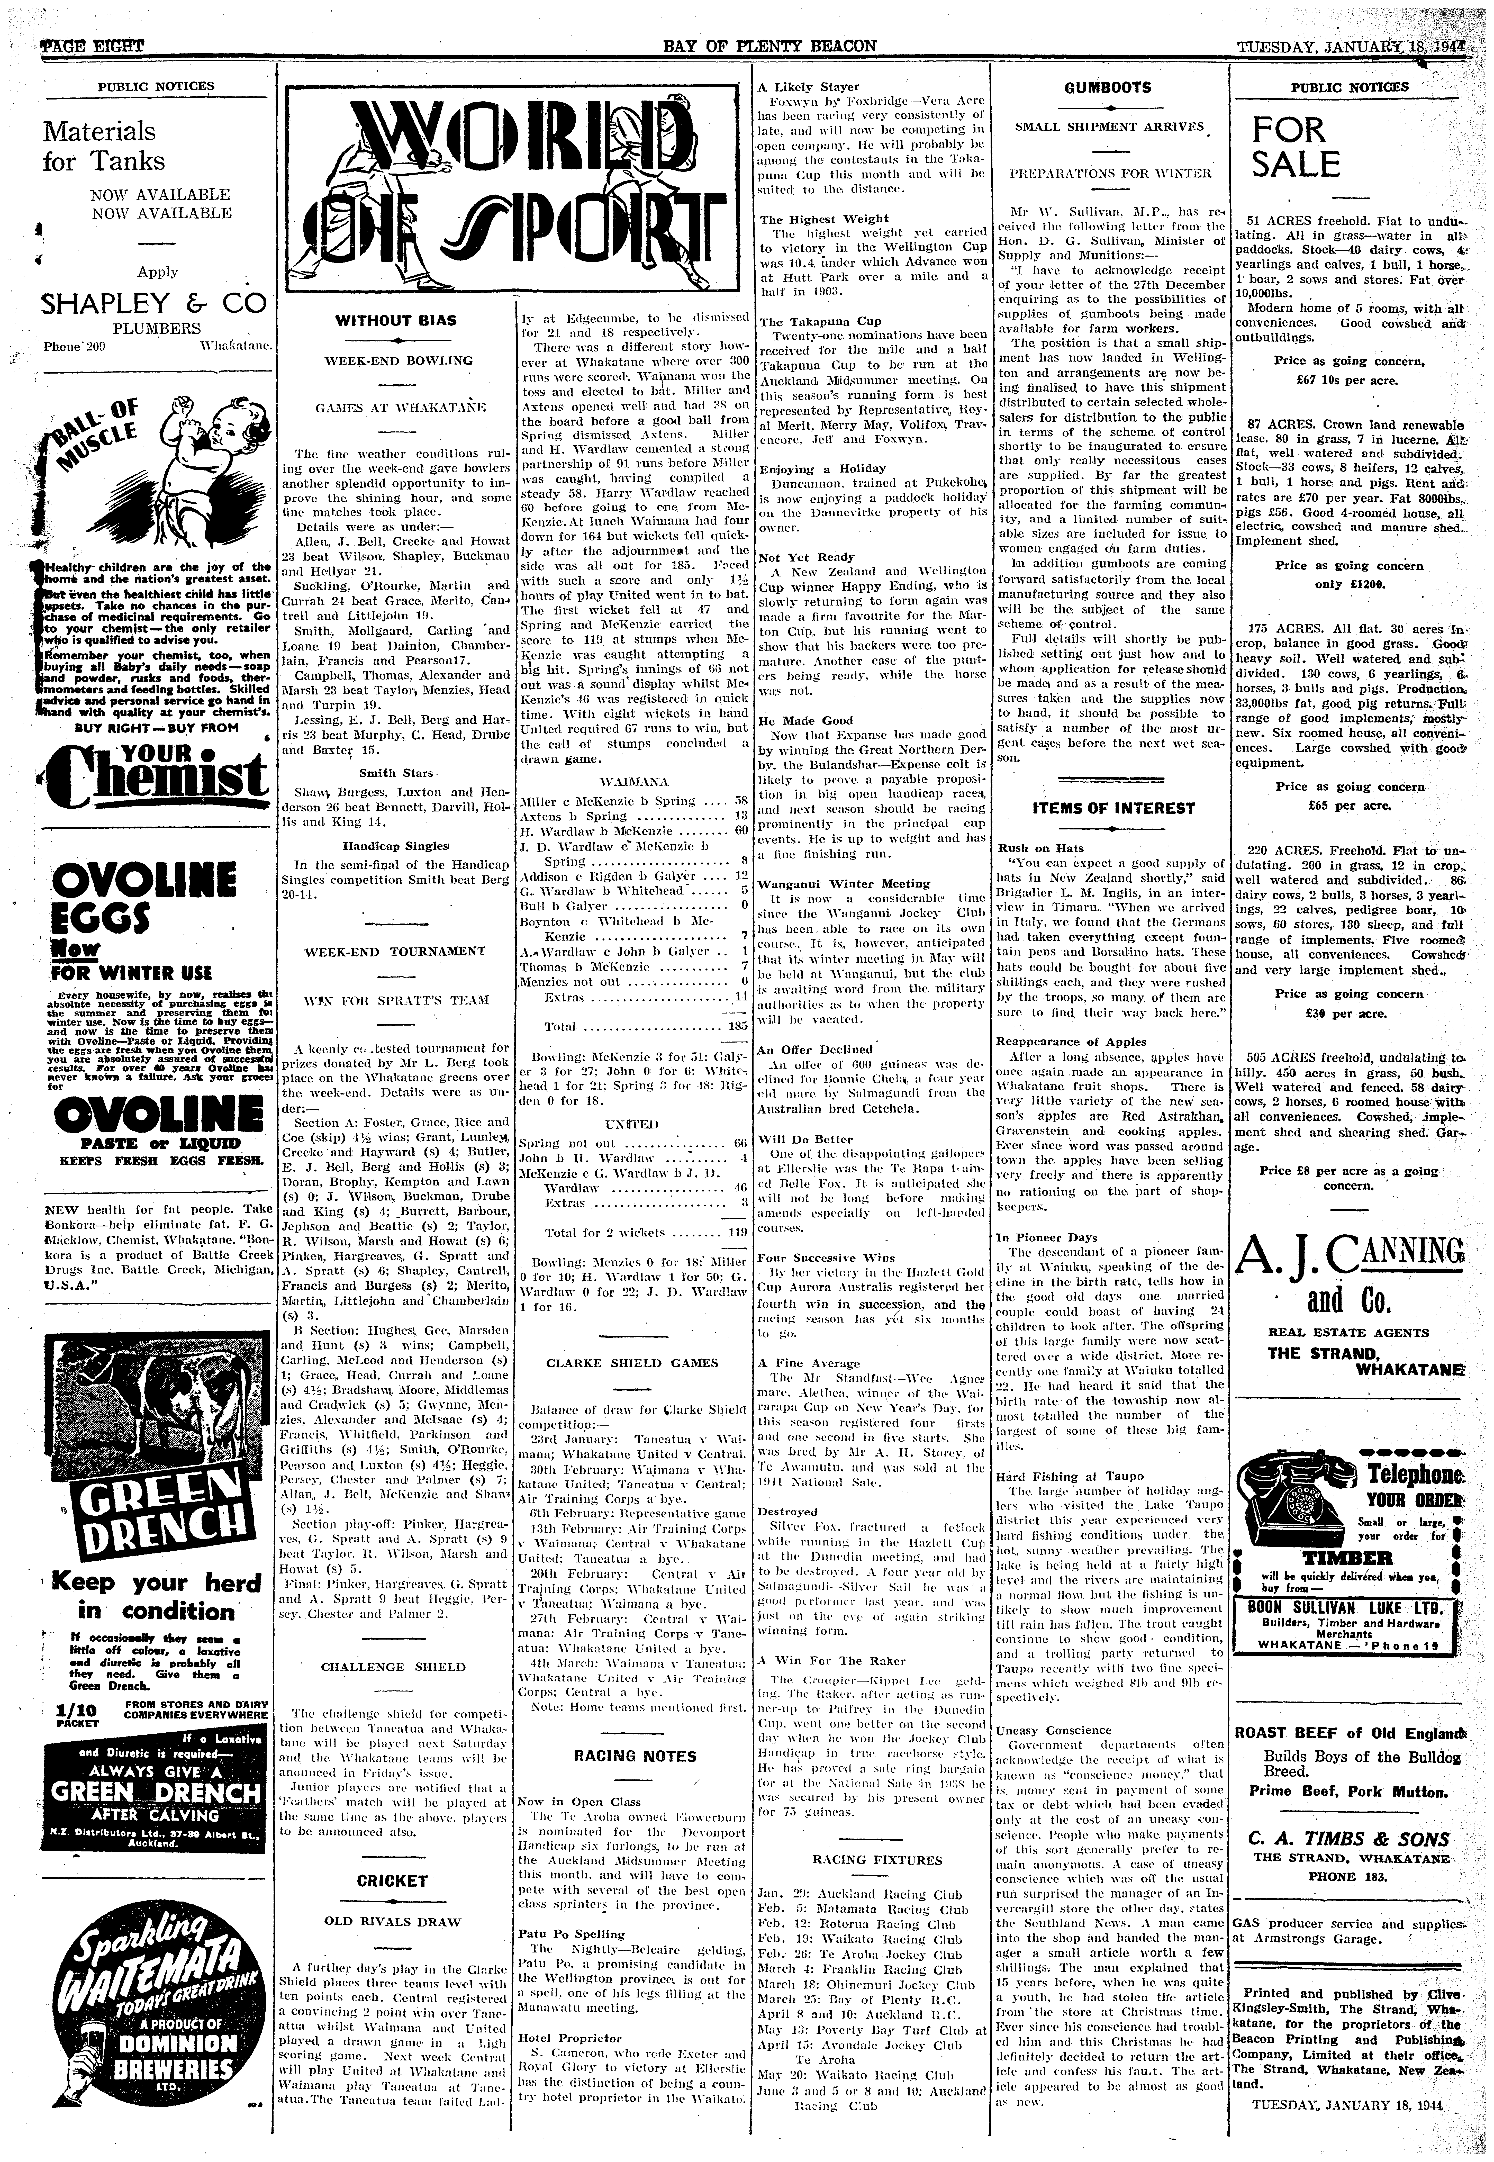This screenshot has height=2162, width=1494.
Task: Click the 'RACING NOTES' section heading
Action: tap(635, 1756)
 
